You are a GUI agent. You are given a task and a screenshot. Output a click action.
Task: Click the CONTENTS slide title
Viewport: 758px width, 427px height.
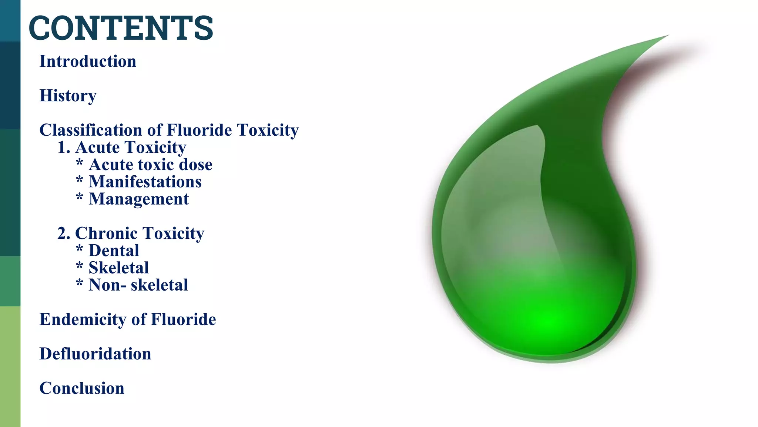[121, 28]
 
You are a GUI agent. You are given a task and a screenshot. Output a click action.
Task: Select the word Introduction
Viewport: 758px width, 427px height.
[88, 62]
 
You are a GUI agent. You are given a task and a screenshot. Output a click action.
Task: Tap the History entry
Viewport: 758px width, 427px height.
[68, 96]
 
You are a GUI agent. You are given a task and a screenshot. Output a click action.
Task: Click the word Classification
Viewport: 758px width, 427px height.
[91, 130]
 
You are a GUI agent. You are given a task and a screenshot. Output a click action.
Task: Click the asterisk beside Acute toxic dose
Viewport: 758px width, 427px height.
[79, 163]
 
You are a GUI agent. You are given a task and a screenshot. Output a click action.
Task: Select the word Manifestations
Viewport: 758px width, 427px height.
[145, 182]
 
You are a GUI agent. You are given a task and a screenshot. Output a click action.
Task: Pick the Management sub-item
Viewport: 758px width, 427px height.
[138, 199]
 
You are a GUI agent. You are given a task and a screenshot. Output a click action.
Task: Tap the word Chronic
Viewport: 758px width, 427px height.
[106, 234]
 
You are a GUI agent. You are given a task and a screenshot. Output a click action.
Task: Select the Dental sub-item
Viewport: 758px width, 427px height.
[114, 251]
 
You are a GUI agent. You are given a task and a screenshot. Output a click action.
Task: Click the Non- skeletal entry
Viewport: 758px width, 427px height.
[138, 285]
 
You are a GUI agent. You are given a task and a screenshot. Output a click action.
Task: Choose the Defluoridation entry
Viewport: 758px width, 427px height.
[95, 354]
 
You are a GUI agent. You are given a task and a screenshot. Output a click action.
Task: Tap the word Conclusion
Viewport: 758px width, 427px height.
[82, 388]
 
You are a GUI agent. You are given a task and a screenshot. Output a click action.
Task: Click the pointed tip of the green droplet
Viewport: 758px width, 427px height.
[665, 37]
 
